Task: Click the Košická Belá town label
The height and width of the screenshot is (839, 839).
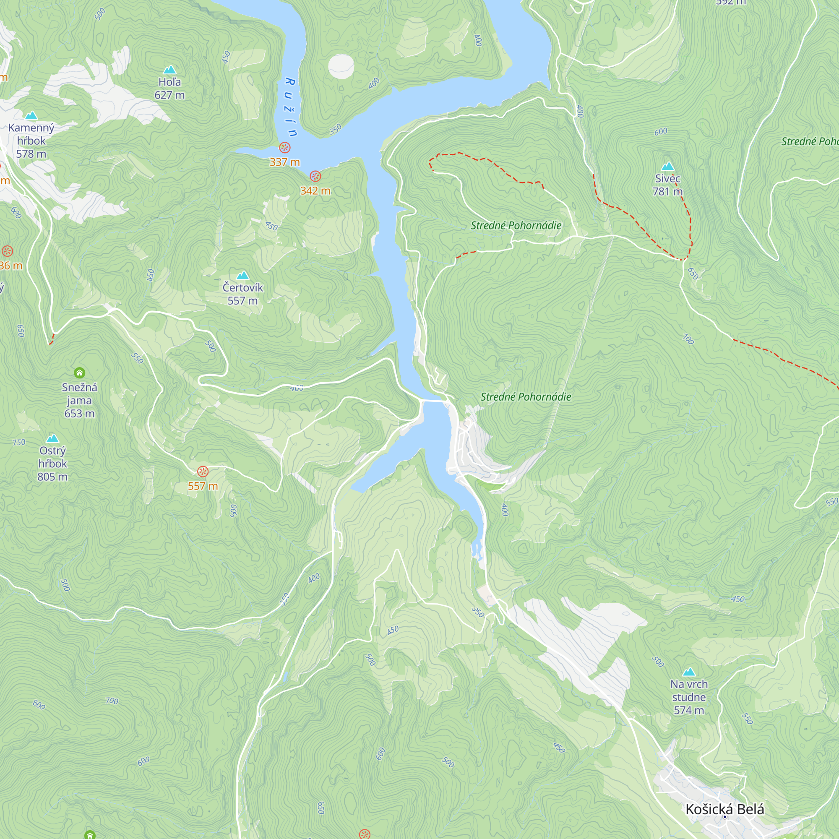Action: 725,809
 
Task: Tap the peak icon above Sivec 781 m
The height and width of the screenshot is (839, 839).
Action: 667,166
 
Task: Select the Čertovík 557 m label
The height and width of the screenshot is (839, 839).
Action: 242,294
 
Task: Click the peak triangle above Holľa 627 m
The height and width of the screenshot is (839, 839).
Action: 169,70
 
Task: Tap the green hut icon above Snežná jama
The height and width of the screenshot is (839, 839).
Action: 79,373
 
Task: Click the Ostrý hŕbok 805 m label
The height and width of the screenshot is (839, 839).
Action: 52,464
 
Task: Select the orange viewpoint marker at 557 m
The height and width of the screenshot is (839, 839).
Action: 202,472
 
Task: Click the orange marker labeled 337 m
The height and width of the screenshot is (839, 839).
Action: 284,148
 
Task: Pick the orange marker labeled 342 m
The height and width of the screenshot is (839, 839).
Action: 315,176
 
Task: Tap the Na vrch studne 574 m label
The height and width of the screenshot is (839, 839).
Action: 689,697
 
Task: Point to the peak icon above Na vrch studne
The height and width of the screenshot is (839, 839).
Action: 689,672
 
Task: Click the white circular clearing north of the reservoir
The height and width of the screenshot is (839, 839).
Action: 341,66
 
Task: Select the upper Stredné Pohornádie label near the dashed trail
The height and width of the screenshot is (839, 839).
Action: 516,225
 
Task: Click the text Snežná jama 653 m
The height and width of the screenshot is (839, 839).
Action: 79,400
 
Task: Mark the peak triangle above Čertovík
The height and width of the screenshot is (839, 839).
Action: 242,275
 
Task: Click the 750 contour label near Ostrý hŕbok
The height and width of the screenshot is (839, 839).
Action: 19,443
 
